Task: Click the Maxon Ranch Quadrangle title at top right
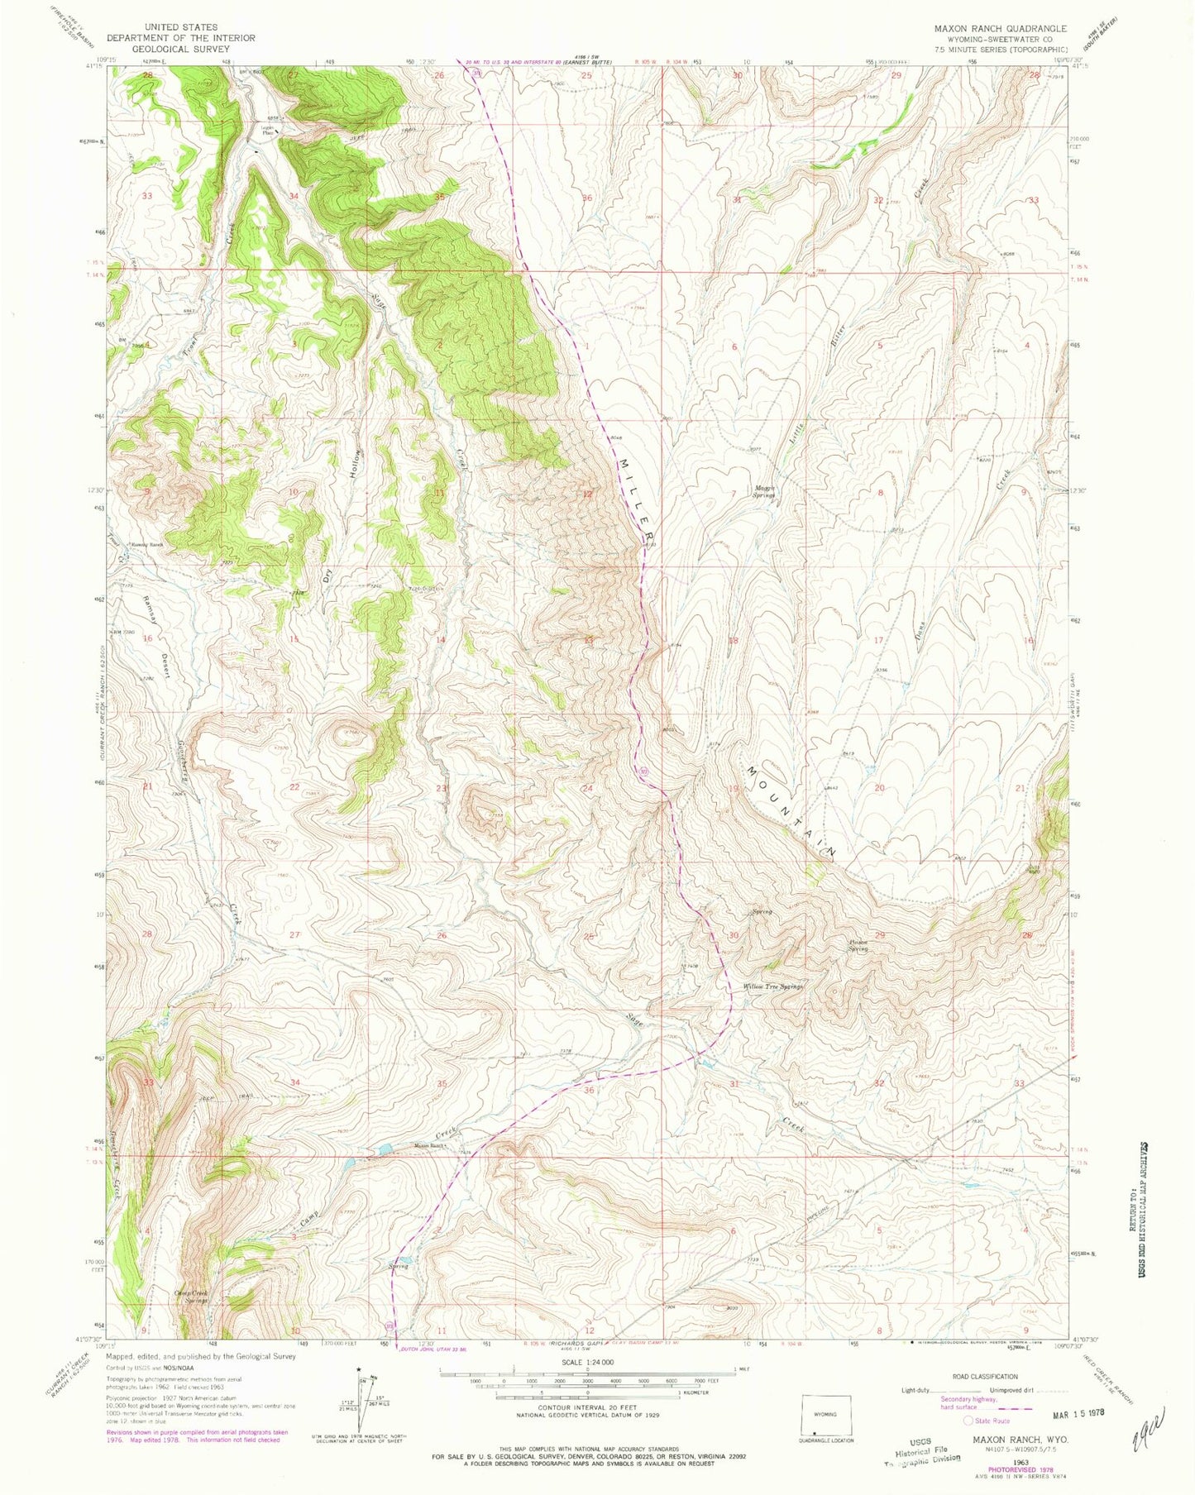click(1000, 28)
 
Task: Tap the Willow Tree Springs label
click(773, 986)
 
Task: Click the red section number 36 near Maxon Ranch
click(589, 1090)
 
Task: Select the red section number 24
click(588, 788)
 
